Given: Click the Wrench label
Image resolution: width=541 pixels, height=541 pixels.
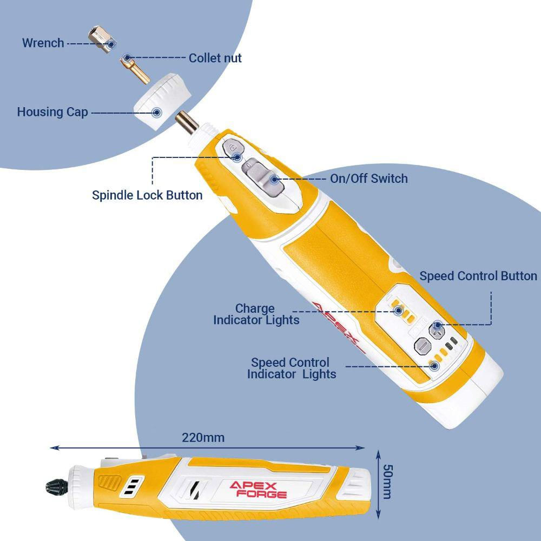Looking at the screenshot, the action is tap(43, 43).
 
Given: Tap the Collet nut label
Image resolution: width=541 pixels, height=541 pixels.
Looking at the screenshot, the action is tap(215, 58).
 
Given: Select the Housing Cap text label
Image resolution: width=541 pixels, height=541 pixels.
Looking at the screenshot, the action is tap(52, 112).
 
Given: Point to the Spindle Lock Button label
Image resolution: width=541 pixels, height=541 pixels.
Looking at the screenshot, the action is tap(147, 195).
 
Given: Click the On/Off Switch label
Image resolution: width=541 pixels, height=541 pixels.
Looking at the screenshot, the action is tap(369, 179).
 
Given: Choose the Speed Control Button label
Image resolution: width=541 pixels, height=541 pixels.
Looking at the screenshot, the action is tap(478, 276).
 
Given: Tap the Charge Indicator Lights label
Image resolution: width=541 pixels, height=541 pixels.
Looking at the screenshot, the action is tap(256, 314).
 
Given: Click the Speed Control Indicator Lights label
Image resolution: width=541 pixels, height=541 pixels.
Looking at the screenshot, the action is tap(292, 368).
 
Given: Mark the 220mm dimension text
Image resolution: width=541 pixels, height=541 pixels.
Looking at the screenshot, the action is tap(203, 438).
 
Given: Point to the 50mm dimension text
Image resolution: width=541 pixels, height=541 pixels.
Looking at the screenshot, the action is tap(388, 481).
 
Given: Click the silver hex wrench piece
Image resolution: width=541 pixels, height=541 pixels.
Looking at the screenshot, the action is tap(102, 39).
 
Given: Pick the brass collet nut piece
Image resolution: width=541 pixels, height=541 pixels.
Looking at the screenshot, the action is tap(135, 70).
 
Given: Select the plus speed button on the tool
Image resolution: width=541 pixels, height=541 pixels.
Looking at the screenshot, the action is tap(437, 331).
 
